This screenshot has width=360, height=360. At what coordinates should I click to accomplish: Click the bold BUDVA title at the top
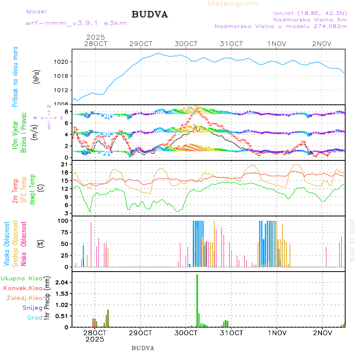coord(150,15)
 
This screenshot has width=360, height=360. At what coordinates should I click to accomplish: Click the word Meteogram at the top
coord(233,4)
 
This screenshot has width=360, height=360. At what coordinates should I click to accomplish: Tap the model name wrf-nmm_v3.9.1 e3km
coord(76,23)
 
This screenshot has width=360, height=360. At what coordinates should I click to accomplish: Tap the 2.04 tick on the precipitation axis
coord(62,282)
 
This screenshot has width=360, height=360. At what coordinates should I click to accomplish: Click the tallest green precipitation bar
coord(197,300)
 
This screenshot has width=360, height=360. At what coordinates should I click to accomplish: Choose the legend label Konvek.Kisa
coord(23,288)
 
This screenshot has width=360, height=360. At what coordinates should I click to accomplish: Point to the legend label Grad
coord(34,318)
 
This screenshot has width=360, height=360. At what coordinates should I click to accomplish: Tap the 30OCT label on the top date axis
coord(186,44)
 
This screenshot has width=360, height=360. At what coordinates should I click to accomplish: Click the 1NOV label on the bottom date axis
coord(277,332)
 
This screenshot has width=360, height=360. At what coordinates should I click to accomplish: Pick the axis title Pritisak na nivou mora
coord(15,76)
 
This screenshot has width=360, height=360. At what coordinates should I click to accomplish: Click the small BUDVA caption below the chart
coord(143,348)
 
